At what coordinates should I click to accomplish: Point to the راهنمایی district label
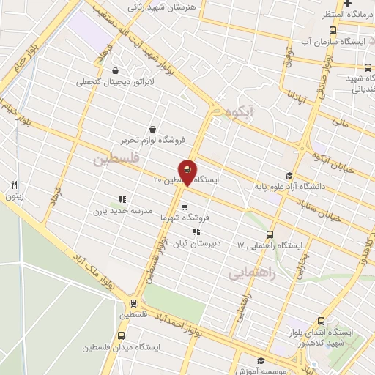(x=251, y=272)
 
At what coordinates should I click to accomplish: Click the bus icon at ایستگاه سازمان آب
(x=333, y=30)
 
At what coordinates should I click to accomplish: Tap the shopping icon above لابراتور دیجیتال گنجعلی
(x=116, y=71)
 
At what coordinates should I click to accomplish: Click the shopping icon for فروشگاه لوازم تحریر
(x=152, y=129)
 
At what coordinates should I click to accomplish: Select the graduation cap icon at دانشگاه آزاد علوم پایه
(x=290, y=175)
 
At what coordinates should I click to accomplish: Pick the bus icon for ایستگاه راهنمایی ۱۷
(x=270, y=235)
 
